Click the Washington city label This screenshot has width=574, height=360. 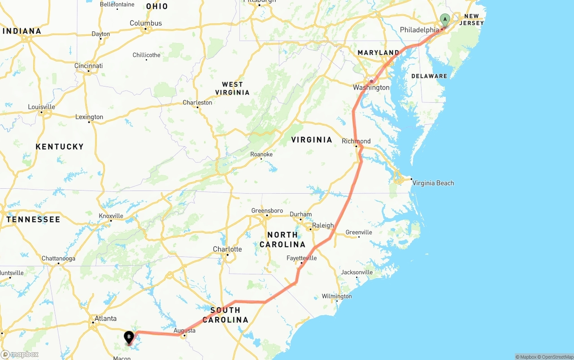point(371,87)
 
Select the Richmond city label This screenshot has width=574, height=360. point(356,141)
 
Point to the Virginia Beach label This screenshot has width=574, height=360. point(433,183)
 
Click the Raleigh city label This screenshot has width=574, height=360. point(323,226)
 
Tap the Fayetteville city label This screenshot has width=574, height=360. point(301,258)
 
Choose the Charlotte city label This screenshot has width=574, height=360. point(227,249)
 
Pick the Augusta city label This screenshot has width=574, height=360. point(185,330)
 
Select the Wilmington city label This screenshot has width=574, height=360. point(337,296)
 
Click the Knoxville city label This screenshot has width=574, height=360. point(111,216)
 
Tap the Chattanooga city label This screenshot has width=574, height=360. point(58,259)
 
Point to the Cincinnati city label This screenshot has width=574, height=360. point(88,66)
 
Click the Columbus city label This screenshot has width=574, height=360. point(146,23)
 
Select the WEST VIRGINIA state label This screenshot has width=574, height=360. point(232,88)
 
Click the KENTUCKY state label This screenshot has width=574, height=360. point(60,147)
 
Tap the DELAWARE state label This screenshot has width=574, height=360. point(429,76)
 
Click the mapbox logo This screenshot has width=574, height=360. point(20,354)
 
